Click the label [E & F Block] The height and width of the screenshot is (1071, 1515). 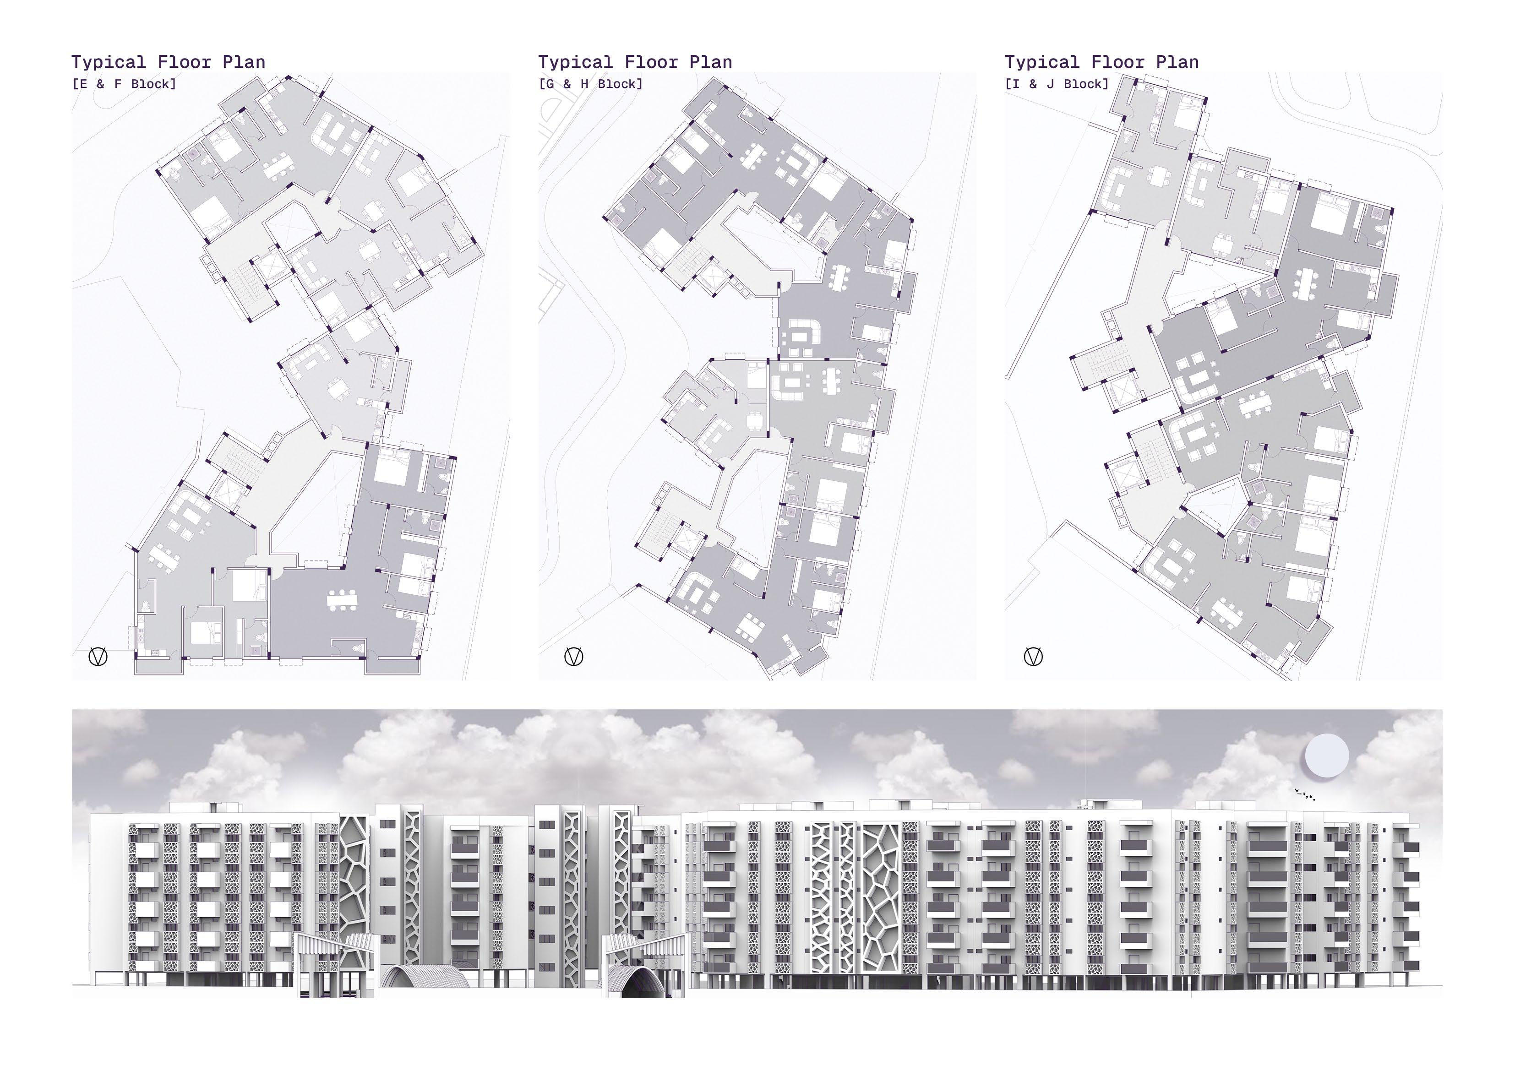pos(124,84)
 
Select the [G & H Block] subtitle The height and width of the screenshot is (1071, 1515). pos(590,84)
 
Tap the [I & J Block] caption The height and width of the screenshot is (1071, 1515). pos(1057,84)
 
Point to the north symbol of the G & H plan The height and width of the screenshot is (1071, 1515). pos(574,657)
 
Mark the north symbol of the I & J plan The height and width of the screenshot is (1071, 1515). pos(1033,657)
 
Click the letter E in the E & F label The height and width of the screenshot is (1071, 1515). pos(83,84)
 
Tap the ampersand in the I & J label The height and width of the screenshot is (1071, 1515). pos(1033,84)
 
